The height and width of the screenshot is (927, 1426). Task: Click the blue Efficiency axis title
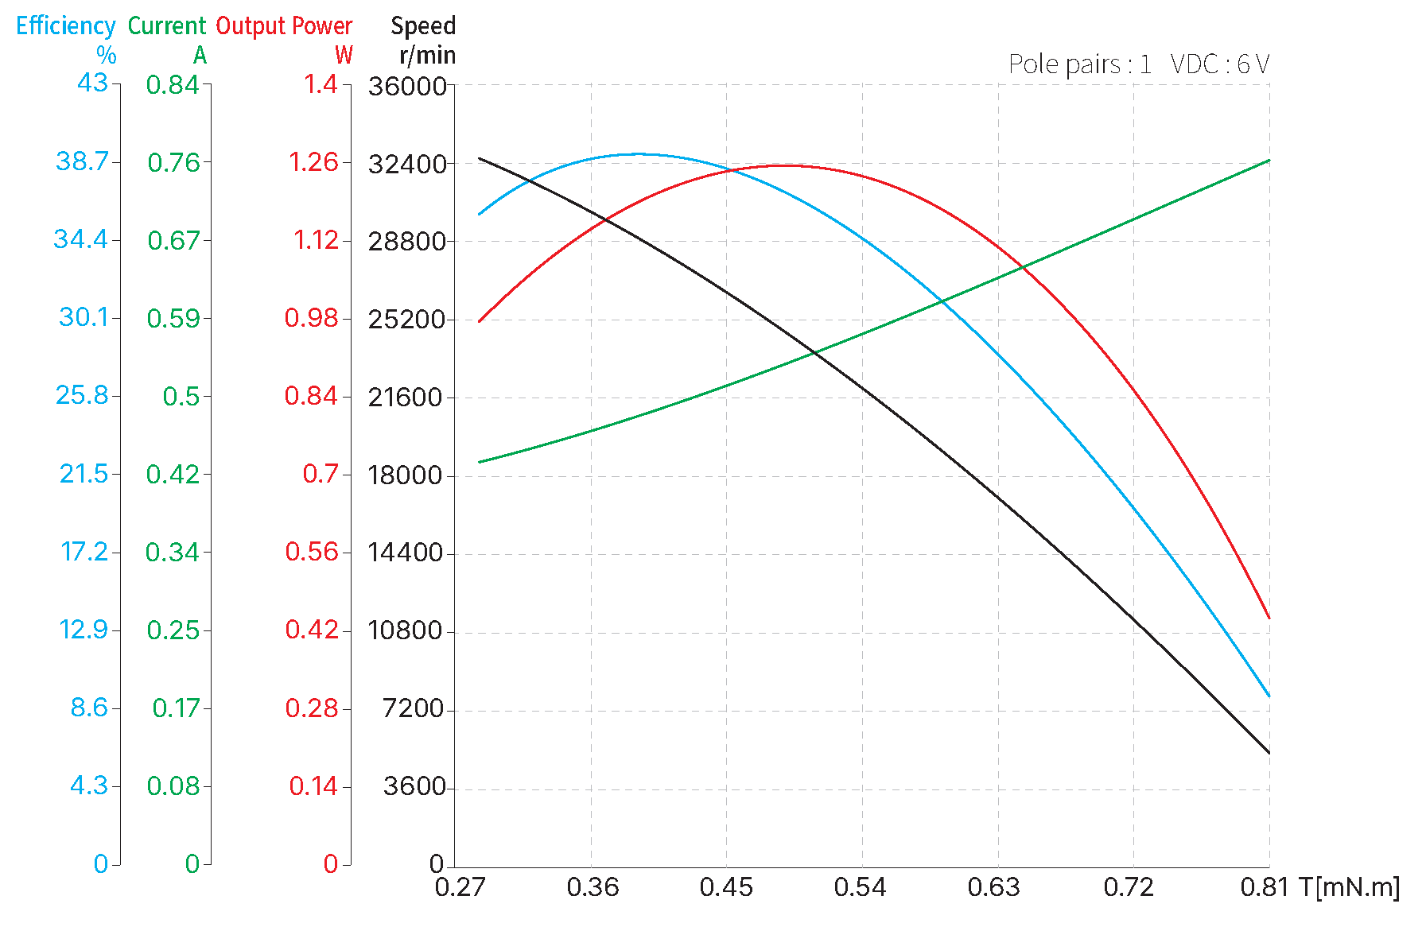pyautogui.click(x=66, y=26)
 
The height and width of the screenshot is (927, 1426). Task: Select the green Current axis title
pyautogui.click(x=167, y=26)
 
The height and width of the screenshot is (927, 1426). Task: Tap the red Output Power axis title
pyautogui.click(x=284, y=26)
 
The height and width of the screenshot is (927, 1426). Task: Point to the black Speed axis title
pyautogui.click(x=423, y=26)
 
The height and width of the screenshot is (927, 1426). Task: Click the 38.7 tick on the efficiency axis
pyautogui.click(x=82, y=161)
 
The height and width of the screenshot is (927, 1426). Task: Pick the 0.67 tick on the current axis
pyautogui.click(x=173, y=240)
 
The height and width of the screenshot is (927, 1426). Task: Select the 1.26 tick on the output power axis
pyautogui.click(x=313, y=162)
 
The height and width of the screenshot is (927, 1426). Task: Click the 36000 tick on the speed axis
pyautogui.click(x=407, y=86)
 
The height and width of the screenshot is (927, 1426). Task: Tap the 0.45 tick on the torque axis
pyautogui.click(x=726, y=887)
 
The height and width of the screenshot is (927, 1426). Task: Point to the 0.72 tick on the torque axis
pyautogui.click(x=1129, y=887)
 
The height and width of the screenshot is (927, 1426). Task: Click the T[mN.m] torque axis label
pyautogui.click(x=1349, y=887)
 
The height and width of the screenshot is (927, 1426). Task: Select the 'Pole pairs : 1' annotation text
pyautogui.click(x=1079, y=64)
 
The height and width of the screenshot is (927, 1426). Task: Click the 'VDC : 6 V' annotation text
pyautogui.click(x=1220, y=64)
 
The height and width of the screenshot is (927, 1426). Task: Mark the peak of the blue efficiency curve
pyautogui.click(x=641, y=154)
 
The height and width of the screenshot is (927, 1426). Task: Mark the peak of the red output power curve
pyautogui.click(x=786, y=165)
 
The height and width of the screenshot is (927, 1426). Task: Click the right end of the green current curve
pyautogui.click(x=1269, y=161)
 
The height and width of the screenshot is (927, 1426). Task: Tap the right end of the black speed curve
pyautogui.click(x=1269, y=753)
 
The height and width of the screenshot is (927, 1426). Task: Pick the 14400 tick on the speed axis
pyautogui.click(x=405, y=553)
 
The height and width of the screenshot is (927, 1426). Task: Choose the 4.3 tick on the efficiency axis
pyautogui.click(x=89, y=786)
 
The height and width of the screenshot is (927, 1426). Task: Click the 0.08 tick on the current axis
pyautogui.click(x=173, y=786)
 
